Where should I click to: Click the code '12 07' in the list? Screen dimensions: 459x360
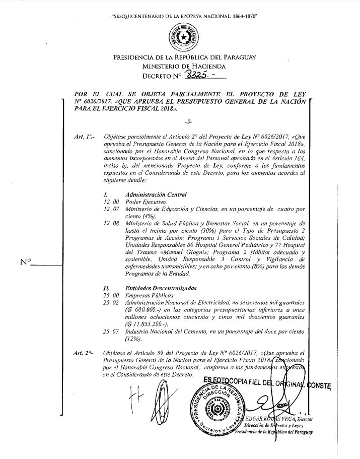111,208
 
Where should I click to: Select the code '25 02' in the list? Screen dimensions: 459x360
111,301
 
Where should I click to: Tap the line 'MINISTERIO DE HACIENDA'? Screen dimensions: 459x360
184,66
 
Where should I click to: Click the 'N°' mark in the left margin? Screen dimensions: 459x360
25,261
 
